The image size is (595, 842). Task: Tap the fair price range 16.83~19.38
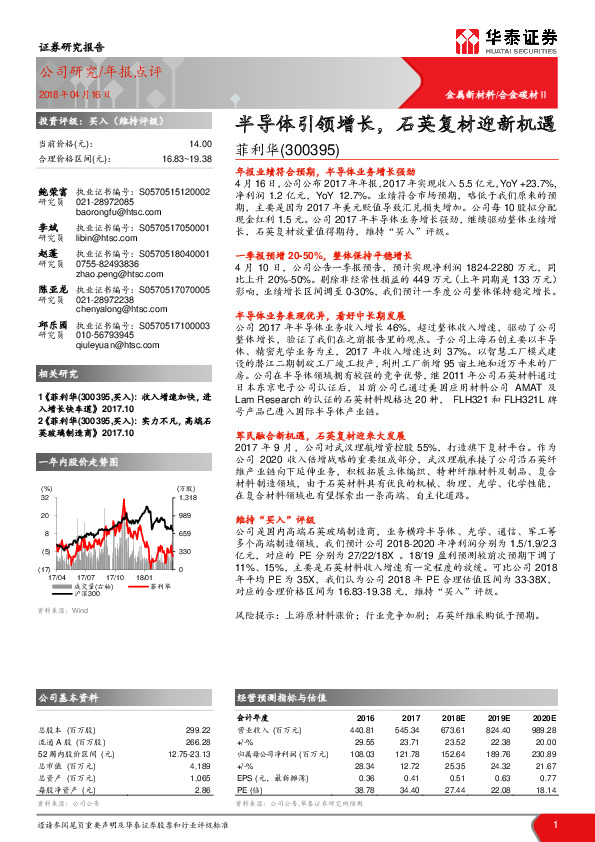point(186,158)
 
